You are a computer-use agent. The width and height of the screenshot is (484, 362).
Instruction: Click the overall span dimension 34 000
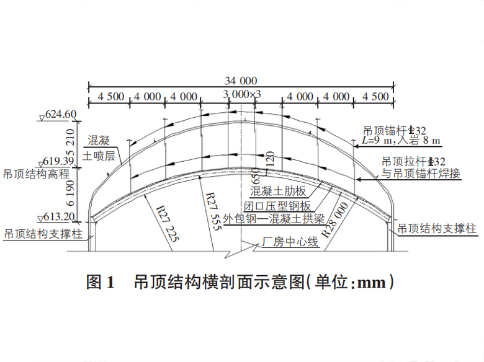tap(241, 81)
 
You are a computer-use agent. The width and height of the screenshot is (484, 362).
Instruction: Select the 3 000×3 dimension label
tap(242, 94)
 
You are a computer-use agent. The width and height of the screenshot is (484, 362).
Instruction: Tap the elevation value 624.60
tap(61, 114)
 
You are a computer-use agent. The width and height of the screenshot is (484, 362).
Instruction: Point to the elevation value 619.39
tap(58, 161)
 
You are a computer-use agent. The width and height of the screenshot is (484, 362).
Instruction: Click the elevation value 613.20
tap(59, 217)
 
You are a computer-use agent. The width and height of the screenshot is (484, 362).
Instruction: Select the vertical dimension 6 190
tap(70, 193)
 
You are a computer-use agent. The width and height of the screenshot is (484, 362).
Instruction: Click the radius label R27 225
tap(168, 224)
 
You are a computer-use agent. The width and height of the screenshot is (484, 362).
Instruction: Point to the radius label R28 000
tap(334, 220)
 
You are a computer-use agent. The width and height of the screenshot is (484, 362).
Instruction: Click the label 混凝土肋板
tap(278, 191)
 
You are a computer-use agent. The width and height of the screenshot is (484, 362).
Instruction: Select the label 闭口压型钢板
tap(277, 206)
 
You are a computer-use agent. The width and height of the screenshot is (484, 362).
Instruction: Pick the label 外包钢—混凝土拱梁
tap(274, 219)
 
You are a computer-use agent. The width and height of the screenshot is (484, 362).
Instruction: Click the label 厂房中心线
tap(290, 241)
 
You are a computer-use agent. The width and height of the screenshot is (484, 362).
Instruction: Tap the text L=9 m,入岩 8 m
tap(401, 141)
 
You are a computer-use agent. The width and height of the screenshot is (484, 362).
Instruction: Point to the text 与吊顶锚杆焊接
tap(421, 173)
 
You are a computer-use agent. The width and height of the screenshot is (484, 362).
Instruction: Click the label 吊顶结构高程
tap(37, 174)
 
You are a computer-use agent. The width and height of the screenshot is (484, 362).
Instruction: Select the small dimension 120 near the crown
tap(270, 159)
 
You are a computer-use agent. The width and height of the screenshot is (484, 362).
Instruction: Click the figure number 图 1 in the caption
tap(101, 281)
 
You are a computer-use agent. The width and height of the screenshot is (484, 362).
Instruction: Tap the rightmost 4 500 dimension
tap(375, 97)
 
